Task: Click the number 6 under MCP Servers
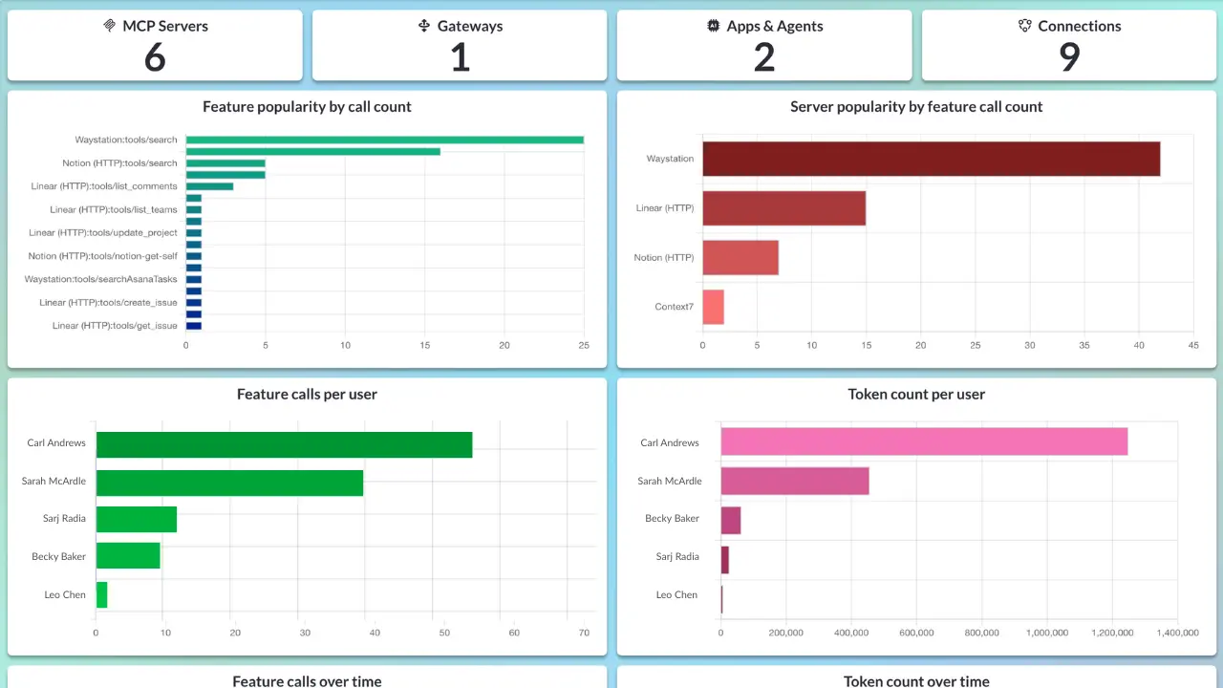155,58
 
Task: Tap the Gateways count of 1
460,58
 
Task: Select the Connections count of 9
1069,58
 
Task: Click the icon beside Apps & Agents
713,27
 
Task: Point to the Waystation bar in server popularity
931,159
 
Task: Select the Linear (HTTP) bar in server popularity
783,208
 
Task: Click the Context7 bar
713,307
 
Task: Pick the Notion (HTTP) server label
664,258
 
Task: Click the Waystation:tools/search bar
384,140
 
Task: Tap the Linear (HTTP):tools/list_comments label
104,186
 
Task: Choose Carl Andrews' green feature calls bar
284,444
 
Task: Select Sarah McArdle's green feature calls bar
229,483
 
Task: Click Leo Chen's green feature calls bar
101,594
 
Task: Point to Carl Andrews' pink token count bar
924,441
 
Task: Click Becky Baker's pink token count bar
731,520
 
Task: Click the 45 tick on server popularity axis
1192,345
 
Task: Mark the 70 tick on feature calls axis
585,632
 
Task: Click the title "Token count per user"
916,394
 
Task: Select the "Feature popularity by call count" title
307,107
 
